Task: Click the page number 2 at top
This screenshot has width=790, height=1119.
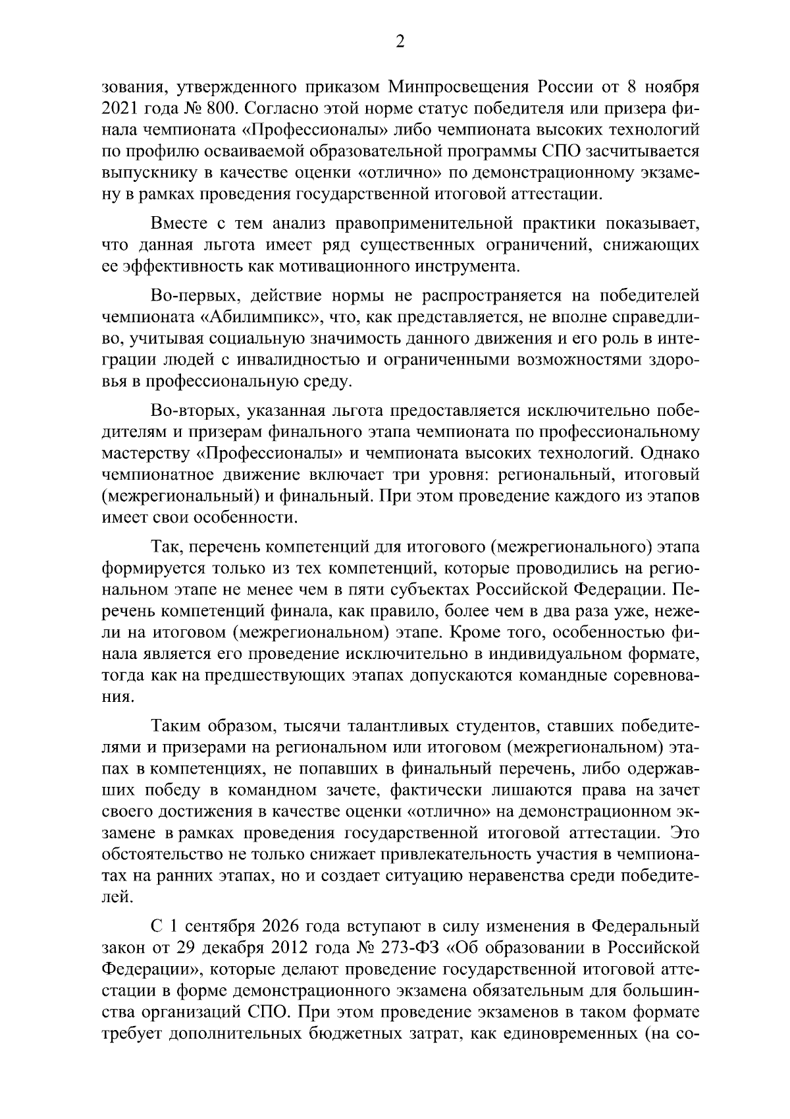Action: point(398,42)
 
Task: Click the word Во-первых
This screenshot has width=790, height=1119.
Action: point(196,295)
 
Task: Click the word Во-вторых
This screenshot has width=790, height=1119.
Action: point(193,410)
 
